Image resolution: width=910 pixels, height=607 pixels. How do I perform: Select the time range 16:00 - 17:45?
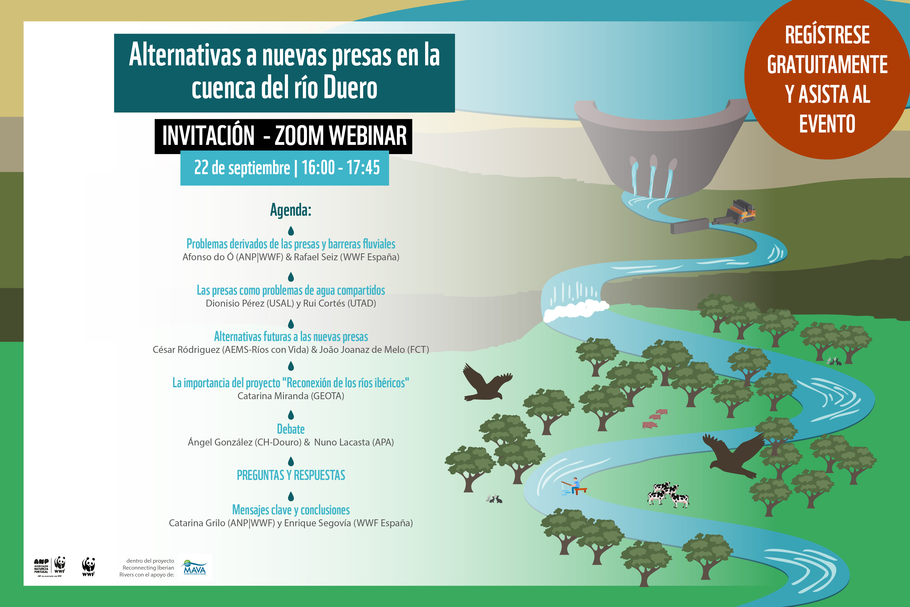pos(340,168)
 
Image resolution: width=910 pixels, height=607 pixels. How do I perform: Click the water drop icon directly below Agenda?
pos(291,231)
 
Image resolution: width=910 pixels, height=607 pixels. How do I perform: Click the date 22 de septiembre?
pos(242,168)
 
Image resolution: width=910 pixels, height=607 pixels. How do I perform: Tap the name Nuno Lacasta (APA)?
pos(354,442)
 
